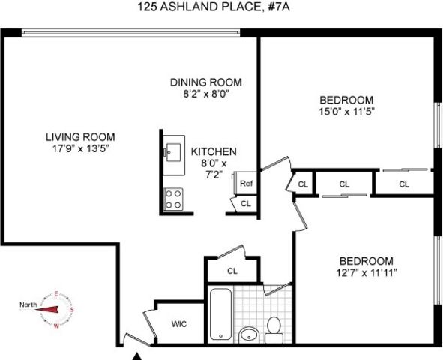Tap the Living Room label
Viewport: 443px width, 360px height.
(80, 137)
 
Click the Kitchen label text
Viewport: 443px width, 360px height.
(214, 151)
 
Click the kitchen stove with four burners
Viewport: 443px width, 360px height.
(174, 198)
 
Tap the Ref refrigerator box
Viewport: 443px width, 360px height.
(246, 182)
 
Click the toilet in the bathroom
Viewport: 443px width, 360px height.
(274, 329)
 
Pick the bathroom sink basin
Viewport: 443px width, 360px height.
(248, 334)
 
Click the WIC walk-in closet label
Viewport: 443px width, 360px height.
(178, 325)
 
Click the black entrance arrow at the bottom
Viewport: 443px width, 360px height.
(137, 354)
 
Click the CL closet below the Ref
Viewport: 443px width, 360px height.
(246, 203)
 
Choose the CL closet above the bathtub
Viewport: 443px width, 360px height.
(232, 271)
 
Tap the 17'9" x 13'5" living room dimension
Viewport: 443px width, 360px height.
(80, 148)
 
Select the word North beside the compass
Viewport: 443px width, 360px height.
(28, 304)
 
